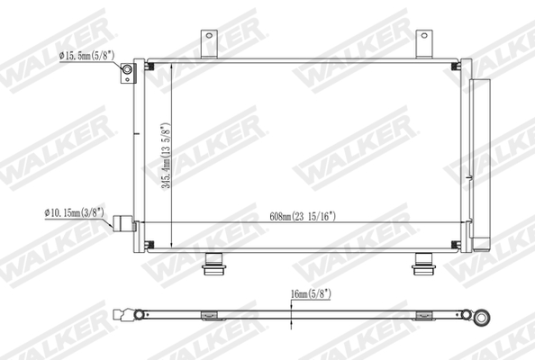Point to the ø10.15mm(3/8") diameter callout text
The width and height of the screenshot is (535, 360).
(76, 213)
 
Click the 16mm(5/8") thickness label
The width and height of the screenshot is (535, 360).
(312, 292)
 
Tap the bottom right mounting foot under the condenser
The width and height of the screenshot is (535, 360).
(422, 264)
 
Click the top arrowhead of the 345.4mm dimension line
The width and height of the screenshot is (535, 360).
(171, 66)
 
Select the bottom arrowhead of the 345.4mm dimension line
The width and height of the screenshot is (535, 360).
(171, 247)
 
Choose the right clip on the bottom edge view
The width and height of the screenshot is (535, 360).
(420, 315)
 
